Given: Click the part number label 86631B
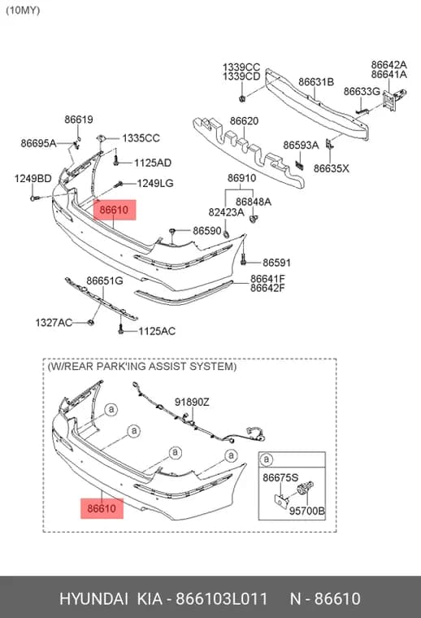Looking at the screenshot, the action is pos(316,82).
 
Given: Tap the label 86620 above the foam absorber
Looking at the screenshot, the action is pos(244,121).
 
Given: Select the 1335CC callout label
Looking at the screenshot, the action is pos(141,138).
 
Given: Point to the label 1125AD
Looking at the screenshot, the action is pos(153,163).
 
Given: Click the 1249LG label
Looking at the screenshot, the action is pos(155,183).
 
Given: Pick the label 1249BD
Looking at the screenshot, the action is pos(33,179).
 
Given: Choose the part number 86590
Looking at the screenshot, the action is pos(207,231).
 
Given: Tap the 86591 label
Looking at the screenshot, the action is pos(277,263).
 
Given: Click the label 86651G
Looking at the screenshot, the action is pos(105,281).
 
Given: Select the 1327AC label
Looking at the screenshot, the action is pos(54,323).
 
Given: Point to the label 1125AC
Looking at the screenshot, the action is pos(157,331).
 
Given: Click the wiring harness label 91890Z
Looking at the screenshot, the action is pos(192,402).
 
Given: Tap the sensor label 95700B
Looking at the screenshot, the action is pos(307,511).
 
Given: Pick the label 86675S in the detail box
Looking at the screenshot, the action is pos(280,477).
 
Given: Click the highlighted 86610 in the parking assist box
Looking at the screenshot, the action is pos(102,508).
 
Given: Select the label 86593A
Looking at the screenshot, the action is pos(301,146).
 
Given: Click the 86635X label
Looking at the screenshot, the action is pos(332,168).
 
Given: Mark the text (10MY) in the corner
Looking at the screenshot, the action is pos(23,11).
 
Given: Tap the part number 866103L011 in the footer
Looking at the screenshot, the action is pos(221,598).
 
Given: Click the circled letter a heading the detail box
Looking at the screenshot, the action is pos(267,459).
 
